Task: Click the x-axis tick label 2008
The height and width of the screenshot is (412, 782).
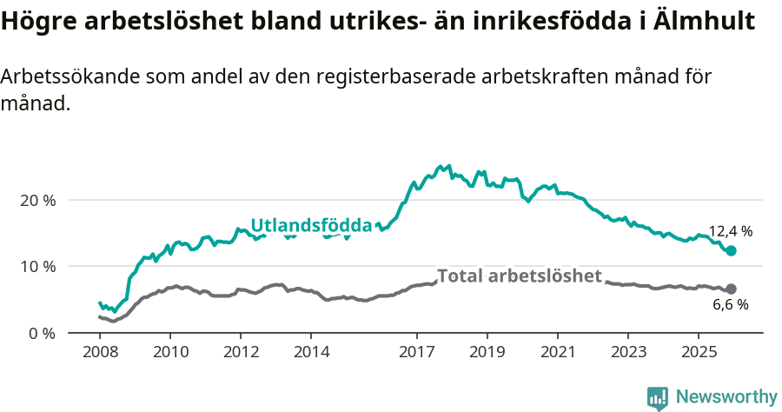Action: tap(100, 352)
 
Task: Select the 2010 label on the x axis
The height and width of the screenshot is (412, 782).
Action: tap(170, 352)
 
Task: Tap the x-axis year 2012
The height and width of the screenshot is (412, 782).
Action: tap(241, 352)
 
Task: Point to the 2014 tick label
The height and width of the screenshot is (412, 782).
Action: tap(311, 352)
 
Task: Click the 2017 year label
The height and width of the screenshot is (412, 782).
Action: tap(416, 352)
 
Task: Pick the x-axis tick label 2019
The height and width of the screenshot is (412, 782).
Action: tap(487, 352)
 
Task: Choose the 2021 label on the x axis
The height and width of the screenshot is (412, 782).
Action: tap(557, 352)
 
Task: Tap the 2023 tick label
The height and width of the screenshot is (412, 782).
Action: tap(627, 352)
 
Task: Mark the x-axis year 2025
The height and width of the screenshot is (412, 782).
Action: tap(698, 352)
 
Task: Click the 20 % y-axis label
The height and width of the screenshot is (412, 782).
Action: tap(37, 200)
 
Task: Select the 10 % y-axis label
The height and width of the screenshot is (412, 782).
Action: tap(37, 266)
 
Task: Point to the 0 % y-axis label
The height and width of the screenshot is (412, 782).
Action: tap(42, 333)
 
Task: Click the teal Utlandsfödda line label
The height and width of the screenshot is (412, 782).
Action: tap(311, 226)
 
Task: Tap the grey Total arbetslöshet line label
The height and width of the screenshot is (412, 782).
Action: tap(520, 276)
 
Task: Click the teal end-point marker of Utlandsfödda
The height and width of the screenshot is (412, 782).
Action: tap(731, 250)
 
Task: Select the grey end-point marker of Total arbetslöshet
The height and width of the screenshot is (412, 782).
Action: tap(731, 289)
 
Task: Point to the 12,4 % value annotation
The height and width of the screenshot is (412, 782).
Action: tap(731, 231)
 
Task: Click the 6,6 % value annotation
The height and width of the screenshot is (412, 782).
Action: tap(731, 305)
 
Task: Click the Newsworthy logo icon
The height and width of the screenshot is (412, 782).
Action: tap(658, 397)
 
